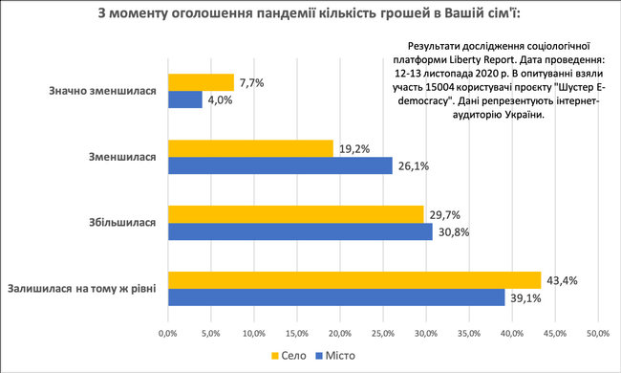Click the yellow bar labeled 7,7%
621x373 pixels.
tap(201, 82)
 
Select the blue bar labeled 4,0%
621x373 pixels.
tap(185, 99)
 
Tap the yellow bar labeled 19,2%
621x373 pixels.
tap(250, 148)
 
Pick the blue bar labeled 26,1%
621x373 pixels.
tap(280, 165)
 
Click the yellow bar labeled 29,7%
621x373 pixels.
tap(295, 213)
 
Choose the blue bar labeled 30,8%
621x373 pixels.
tap(300, 231)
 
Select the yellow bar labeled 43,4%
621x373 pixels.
tap(354, 280)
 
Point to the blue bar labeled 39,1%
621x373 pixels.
tap(336, 297)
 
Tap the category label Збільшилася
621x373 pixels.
tap(120, 223)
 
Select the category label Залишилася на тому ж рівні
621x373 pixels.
tap(83, 289)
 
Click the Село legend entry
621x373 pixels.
tap(291, 356)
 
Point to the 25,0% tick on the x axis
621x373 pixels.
tap(382, 333)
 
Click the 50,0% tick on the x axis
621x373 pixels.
tap(598, 333)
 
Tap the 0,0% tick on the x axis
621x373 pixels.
tap(167, 333)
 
